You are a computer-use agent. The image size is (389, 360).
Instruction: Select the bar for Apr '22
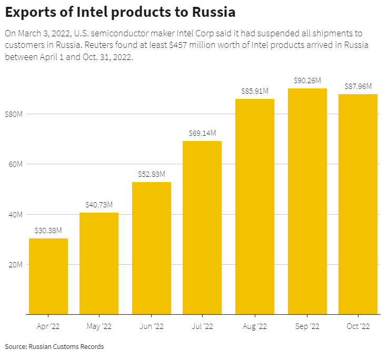[48, 276]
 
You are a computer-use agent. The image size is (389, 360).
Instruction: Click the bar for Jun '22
[152, 248]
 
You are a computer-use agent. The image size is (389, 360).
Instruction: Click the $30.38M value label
[48, 231]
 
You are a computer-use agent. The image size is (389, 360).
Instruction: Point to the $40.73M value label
[99, 204]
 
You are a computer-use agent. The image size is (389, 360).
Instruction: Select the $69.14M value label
[203, 133]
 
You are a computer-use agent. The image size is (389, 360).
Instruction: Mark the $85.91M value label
[255, 91]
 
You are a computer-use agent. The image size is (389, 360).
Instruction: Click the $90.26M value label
[307, 81]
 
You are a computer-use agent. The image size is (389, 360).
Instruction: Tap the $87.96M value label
[358, 86]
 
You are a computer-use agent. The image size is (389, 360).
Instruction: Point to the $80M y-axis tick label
[14, 114]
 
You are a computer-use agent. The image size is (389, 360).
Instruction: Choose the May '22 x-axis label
[99, 326]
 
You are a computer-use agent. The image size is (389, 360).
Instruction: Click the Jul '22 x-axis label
[203, 326]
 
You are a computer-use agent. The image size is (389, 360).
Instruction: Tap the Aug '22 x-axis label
[255, 326]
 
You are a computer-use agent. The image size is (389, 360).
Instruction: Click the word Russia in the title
[209, 12]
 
